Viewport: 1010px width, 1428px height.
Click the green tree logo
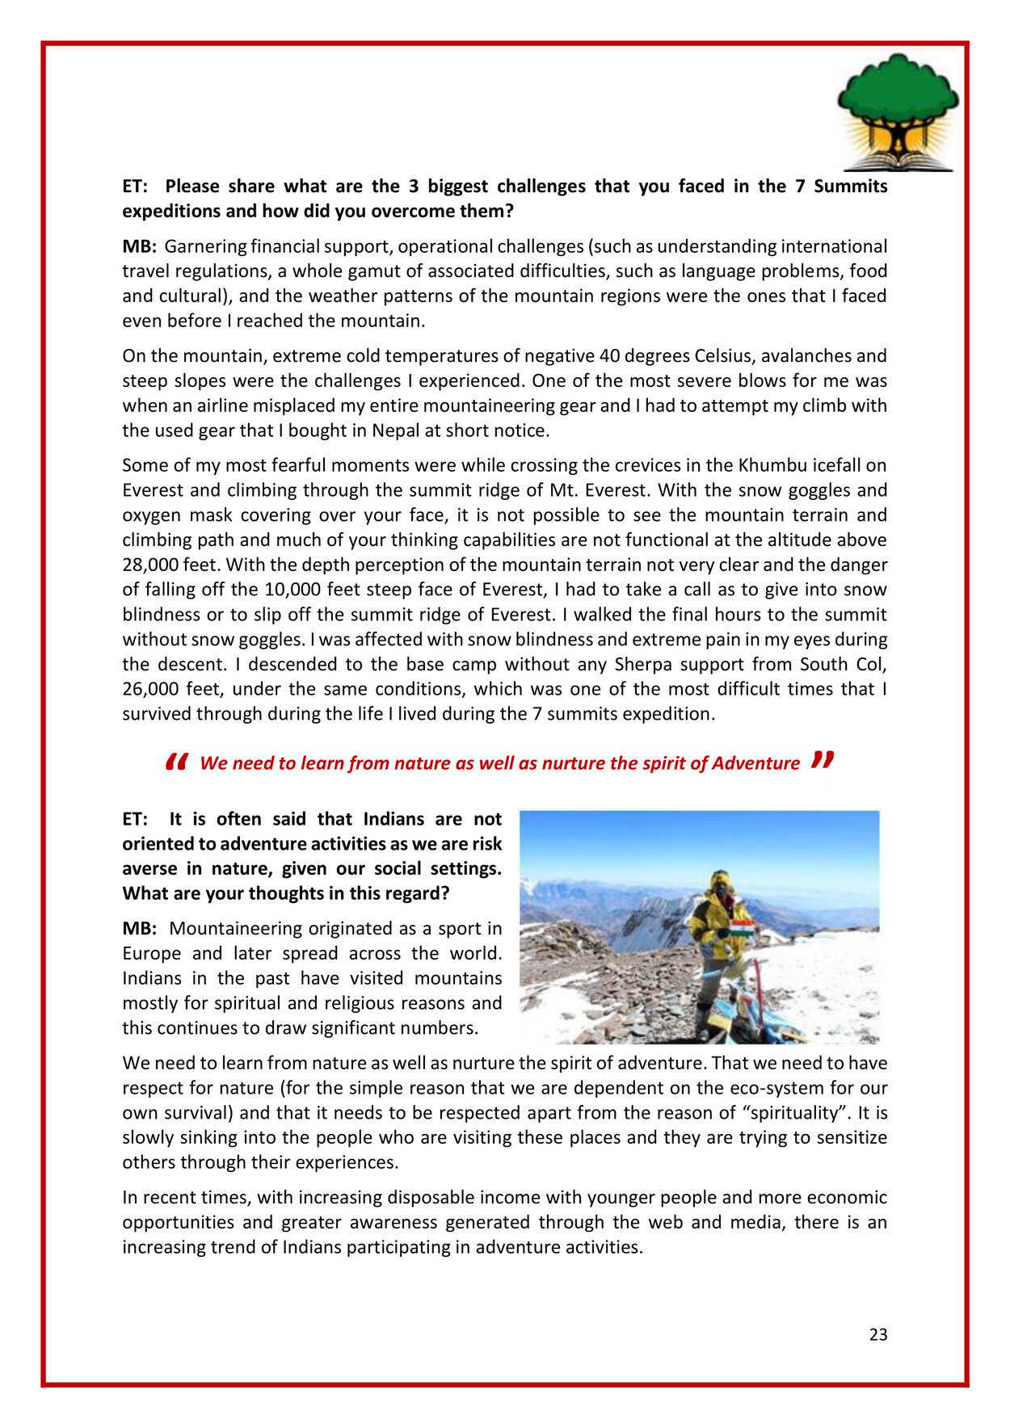point(898,111)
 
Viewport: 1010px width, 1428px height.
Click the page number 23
point(878,1335)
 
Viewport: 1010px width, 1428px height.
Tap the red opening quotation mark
point(176,762)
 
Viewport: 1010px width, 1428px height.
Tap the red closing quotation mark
point(823,760)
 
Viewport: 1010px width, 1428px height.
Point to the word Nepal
point(395,430)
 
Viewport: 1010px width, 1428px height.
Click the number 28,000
point(152,565)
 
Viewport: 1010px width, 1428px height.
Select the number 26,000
point(152,689)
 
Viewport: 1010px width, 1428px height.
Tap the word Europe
point(154,953)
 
